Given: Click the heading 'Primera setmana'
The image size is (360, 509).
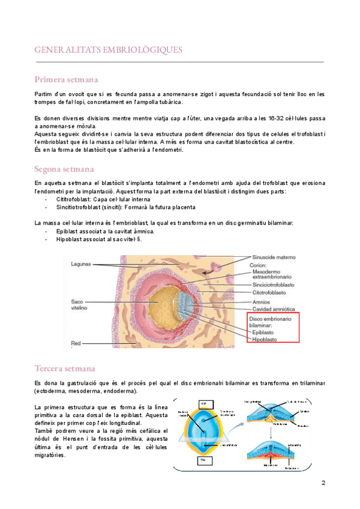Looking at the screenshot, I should tap(67, 80).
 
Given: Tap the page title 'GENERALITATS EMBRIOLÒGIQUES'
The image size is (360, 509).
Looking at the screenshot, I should tap(109, 49).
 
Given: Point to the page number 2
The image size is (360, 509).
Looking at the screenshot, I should tap(323, 483).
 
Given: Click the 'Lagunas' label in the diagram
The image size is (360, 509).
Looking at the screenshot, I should tap(81, 264).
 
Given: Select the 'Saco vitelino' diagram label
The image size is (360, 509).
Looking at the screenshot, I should tap(80, 305).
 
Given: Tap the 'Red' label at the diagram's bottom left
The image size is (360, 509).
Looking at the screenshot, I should tap(76, 343).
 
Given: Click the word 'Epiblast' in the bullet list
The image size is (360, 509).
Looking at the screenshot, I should tap(70, 231).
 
